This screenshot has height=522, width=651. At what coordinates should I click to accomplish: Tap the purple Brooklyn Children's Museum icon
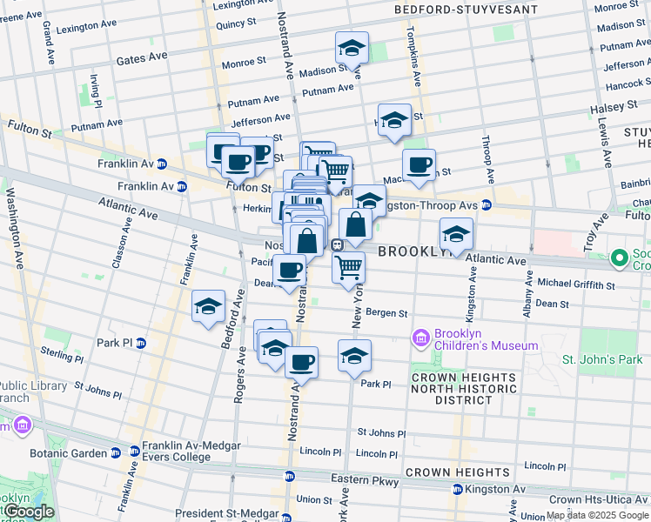(421, 338)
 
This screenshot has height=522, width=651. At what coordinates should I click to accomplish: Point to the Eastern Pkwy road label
(365, 480)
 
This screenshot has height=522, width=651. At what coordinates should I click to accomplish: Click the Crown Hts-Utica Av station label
(600, 499)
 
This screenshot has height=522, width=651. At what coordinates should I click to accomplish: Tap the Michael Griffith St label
(576, 284)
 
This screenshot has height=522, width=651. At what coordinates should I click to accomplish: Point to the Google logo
(28, 512)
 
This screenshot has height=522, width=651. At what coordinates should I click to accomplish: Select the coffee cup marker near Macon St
(419, 165)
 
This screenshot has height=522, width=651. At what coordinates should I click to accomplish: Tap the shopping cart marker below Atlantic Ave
(348, 267)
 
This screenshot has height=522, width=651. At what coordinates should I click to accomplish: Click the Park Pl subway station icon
(141, 343)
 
